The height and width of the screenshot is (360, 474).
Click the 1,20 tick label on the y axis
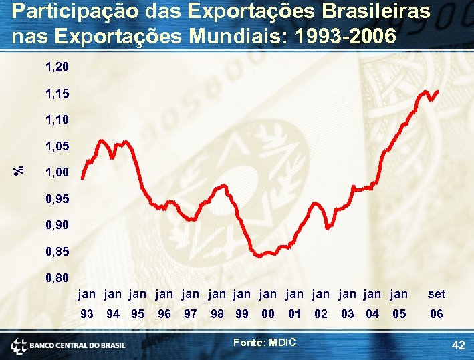(57, 67)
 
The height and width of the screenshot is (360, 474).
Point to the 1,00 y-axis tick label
(57, 172)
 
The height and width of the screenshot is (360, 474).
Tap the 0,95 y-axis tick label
(57, 198)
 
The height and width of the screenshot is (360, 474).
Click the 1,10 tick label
(57, 120)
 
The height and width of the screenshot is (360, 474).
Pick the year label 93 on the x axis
(87, 313)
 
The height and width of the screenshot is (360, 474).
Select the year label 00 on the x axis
(268, 313)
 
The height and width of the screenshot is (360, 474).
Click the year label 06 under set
(437, 313)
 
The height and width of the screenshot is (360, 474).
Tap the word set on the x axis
(437, 293)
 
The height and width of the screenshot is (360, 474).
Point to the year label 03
(347, 313)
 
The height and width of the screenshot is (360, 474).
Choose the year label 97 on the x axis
(191, 313)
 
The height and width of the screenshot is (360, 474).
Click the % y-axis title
(21, 170)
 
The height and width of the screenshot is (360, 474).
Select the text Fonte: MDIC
(265, 342)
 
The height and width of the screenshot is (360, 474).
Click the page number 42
(459, 345)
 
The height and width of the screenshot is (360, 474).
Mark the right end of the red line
(439, 91)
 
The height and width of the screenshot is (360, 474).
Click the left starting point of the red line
(82, 178)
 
